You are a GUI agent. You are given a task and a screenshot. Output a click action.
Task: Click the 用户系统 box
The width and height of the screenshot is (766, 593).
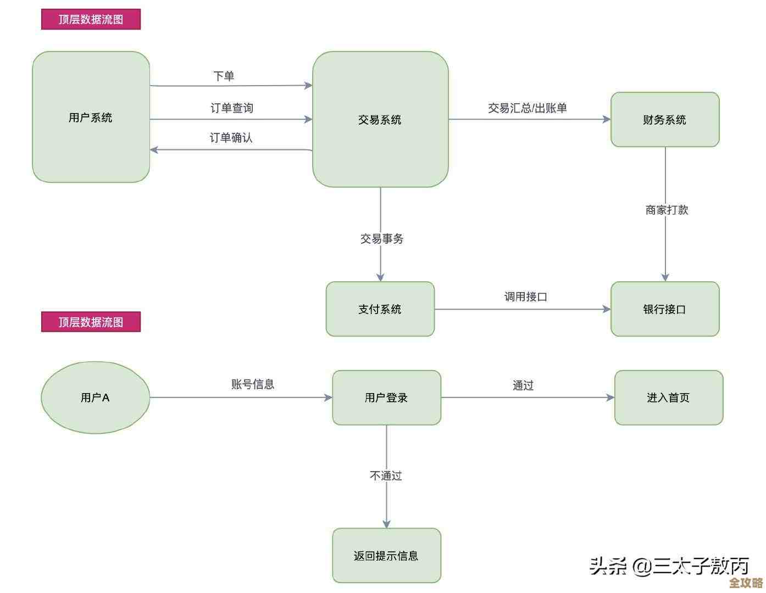click(91, 117)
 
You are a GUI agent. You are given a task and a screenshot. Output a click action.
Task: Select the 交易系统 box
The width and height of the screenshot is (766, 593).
click(380, 119)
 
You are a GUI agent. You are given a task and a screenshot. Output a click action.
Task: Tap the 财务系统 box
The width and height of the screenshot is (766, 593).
click(665, 119)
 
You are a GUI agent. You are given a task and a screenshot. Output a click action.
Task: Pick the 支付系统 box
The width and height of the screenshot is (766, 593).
click(380, 309)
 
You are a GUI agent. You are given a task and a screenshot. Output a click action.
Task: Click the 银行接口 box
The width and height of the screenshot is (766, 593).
click(665, 309)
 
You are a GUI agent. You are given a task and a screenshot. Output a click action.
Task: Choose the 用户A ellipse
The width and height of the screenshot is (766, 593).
click(95, 398)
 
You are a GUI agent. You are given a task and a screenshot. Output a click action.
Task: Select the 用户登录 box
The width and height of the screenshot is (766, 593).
click(386, 398)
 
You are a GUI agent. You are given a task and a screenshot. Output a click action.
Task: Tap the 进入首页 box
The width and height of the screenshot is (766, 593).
click(668, 398)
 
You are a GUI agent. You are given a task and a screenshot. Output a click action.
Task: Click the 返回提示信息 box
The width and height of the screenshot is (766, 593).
click(386, 556)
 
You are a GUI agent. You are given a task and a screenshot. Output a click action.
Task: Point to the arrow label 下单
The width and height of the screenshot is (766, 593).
click(224, 76)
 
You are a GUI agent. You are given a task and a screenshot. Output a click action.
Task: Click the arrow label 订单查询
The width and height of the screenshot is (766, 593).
click(232, 108)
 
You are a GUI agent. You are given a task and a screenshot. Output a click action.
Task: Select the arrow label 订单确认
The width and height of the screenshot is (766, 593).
click(231, 138)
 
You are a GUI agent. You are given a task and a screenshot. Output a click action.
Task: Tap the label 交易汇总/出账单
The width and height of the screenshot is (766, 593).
click(528, 108)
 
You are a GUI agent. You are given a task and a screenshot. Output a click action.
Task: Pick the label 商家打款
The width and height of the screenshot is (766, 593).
click(667, 210)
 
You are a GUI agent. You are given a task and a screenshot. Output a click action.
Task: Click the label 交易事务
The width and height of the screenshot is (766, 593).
click(382, 239)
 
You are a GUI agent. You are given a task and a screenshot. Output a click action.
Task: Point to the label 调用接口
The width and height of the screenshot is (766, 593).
click(526, 297)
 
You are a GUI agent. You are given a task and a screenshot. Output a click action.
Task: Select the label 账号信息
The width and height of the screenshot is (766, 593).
click(253, 384)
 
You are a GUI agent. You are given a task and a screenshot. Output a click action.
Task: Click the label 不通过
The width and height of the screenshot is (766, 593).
click(386, 475)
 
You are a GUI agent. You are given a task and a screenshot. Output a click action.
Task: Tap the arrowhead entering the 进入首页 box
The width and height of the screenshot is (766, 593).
click(610, 398)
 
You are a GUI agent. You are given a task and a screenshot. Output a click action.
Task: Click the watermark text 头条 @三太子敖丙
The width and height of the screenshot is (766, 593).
click(669, 566)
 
